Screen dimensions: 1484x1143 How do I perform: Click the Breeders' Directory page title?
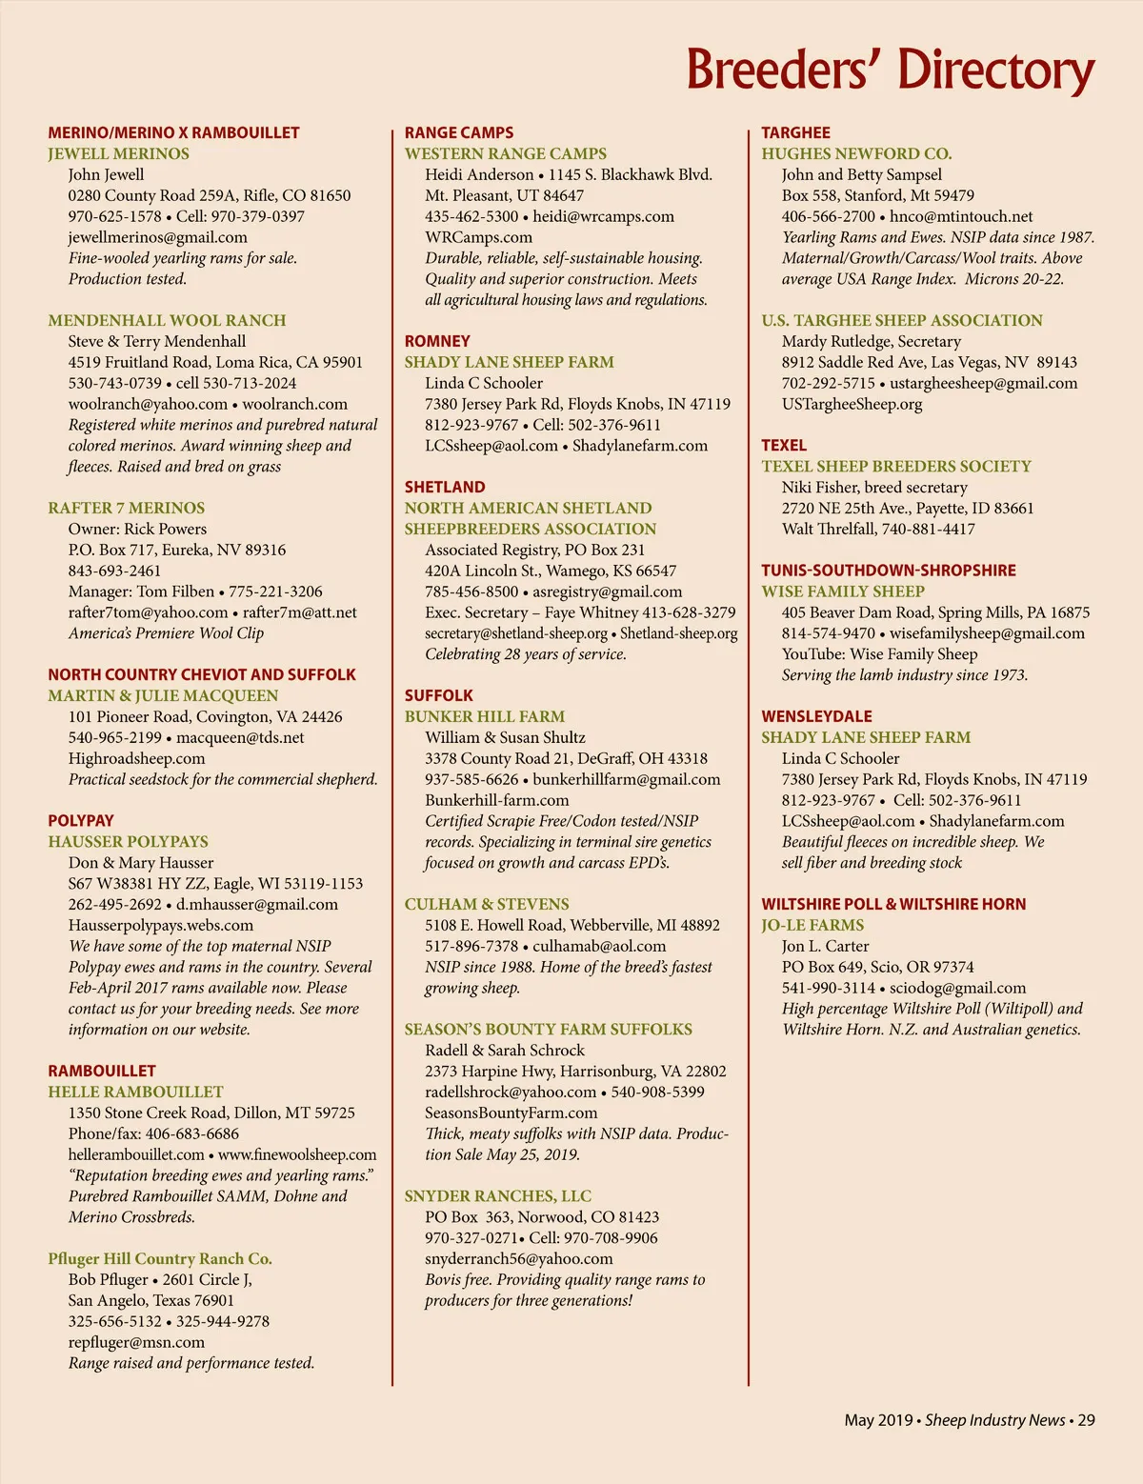890,70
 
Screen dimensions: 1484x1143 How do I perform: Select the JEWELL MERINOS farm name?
118,153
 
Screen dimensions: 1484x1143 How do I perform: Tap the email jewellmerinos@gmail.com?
157,237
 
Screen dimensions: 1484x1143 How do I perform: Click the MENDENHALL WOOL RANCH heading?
167,320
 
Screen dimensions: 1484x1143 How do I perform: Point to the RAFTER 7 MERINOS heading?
126,508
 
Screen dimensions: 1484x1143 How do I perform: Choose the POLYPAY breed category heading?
81,820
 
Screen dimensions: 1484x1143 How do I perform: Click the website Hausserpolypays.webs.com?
160,925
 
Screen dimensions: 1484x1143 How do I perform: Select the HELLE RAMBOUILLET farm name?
135,1092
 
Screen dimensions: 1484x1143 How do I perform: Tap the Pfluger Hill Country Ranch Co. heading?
160,1258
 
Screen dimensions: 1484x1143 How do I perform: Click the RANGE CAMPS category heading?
458,132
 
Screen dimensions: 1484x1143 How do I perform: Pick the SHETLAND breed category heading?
444,487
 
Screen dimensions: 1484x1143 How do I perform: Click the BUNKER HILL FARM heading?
484,716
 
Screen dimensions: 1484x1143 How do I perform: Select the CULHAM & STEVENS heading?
486,904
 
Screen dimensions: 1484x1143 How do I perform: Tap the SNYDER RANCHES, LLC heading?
497,1195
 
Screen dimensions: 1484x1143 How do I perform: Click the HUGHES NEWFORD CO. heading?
855,153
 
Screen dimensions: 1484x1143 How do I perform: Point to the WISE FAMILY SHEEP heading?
842,591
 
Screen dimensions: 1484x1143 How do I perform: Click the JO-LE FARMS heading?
812,925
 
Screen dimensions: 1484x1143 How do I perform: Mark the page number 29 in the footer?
1086,1420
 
